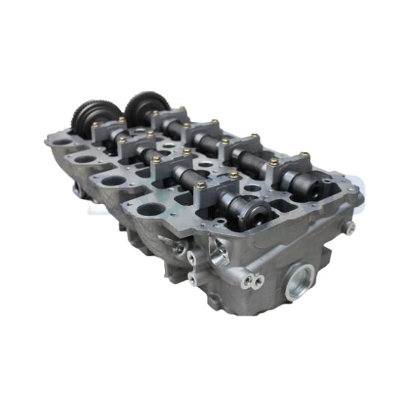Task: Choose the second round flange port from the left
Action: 85,160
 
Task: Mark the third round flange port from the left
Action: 113,181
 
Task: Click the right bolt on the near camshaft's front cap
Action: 233,175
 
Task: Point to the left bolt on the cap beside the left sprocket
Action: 95,125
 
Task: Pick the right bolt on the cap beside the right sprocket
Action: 182,108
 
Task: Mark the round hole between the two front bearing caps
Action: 253,187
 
